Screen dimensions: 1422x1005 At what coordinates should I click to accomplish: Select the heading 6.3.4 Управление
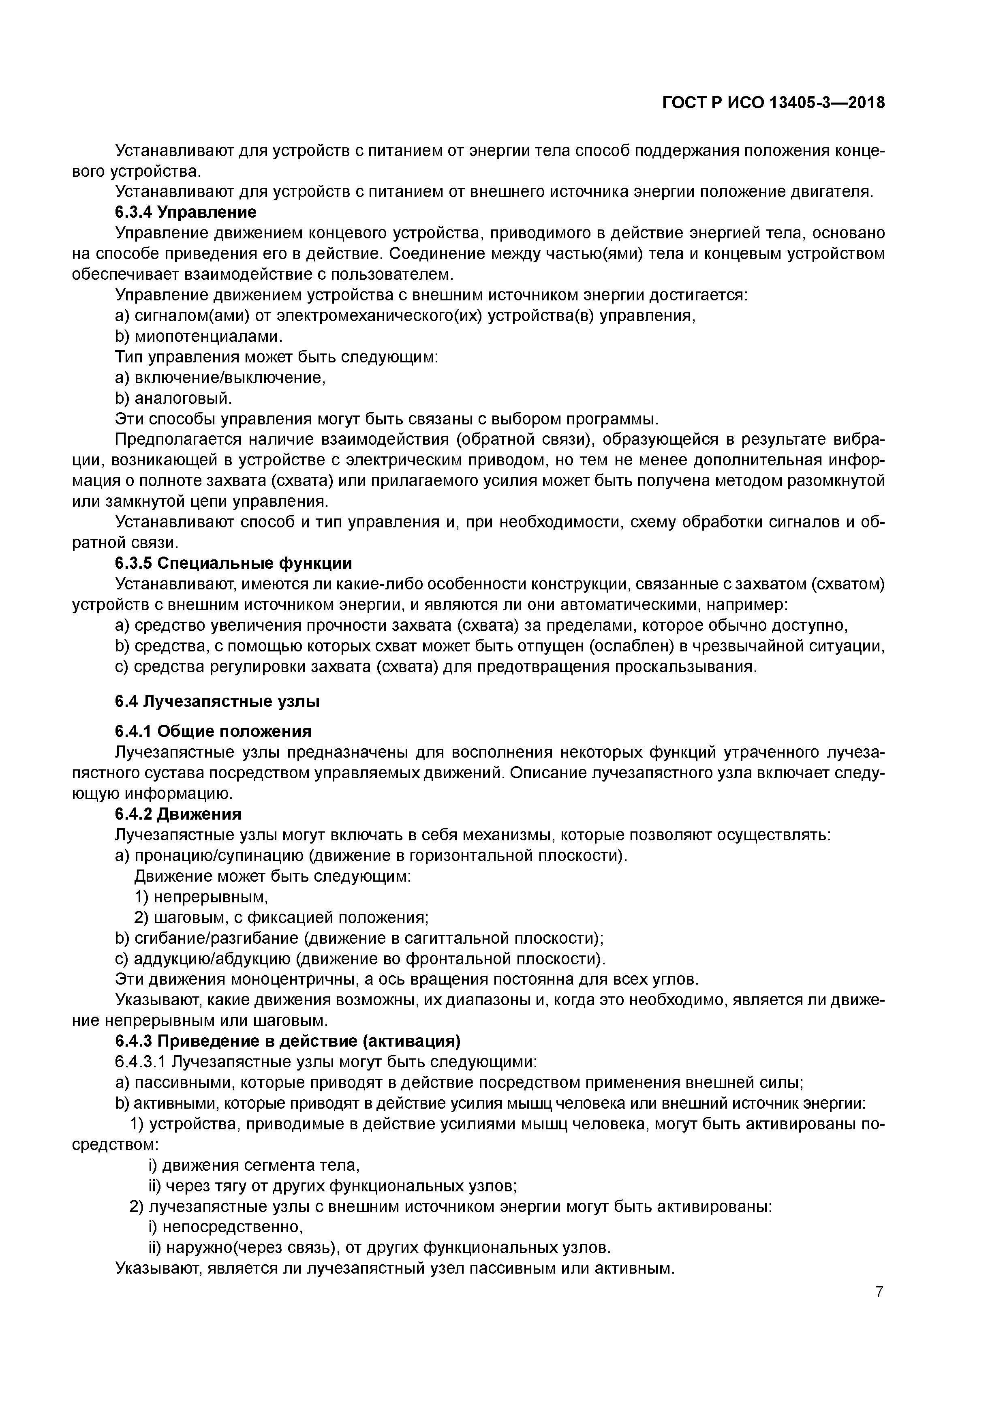coord(185,212)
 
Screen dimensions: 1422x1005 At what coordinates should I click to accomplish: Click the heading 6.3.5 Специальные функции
coord(233,563)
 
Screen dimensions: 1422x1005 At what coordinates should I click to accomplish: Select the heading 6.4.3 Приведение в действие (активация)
coord(288,1042)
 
